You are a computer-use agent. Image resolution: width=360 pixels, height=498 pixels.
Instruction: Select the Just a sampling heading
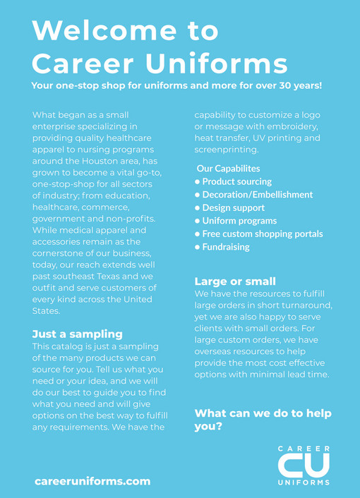point(78,334)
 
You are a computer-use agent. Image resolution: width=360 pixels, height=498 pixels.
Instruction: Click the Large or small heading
point(235,281)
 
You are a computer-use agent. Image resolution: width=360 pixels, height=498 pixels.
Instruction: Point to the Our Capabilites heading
point(228,169)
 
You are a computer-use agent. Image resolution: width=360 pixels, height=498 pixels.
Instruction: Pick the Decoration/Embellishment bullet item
point(257,195)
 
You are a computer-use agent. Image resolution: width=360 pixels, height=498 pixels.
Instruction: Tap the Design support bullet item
point(233,207)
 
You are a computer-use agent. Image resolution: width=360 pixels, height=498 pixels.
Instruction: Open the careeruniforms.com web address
point(92,481)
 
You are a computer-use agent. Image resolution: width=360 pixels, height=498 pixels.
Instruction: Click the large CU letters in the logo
point(303,465)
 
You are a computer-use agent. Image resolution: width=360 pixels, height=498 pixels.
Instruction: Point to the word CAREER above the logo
point(304,449)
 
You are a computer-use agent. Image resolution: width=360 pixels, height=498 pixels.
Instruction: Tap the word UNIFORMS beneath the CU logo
point(304,483)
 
